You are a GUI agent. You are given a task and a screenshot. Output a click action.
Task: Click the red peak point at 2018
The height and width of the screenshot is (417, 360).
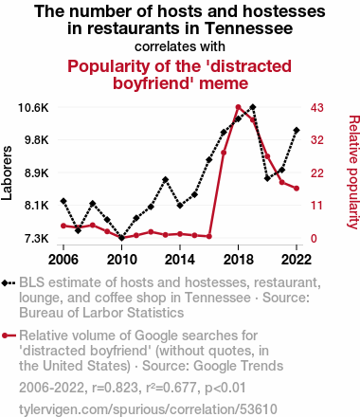[239, 107]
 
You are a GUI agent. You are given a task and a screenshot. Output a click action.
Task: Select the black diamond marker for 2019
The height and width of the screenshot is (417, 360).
[253, 107]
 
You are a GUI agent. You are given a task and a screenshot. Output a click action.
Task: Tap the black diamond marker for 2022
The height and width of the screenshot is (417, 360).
[297, 130]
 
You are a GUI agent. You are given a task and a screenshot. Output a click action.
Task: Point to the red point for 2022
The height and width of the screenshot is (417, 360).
[297, 189]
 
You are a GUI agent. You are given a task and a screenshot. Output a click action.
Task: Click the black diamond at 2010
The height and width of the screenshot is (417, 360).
[121, 238]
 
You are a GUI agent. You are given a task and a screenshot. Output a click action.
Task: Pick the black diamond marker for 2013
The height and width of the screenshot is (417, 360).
[165, 180]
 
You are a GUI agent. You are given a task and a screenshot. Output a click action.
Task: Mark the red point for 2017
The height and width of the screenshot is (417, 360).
[224, 153]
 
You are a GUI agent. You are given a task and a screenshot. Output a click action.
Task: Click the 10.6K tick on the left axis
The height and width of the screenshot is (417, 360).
[33, 108]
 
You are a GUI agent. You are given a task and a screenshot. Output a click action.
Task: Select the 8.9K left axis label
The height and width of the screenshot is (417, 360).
[37, 173]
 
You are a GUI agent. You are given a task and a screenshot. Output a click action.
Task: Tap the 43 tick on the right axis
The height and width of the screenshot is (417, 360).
[317, 108]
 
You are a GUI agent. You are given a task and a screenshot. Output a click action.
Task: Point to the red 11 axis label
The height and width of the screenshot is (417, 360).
[316, 206]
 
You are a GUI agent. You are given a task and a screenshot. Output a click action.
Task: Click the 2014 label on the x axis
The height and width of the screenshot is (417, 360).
[180, 260]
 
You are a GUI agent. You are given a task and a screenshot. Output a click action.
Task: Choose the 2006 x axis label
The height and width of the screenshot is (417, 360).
[63, 260]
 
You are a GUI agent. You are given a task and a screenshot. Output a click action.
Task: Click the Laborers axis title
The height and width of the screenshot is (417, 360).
[7, 172]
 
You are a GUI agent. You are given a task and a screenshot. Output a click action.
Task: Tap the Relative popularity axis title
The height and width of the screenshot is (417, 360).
[353, 172]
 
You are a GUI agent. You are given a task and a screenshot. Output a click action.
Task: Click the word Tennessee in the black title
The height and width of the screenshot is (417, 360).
[249, 28]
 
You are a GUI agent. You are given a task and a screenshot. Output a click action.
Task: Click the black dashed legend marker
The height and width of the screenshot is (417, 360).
[9, 282]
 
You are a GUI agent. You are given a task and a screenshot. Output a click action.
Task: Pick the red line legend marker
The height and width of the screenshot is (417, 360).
[9, 335]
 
